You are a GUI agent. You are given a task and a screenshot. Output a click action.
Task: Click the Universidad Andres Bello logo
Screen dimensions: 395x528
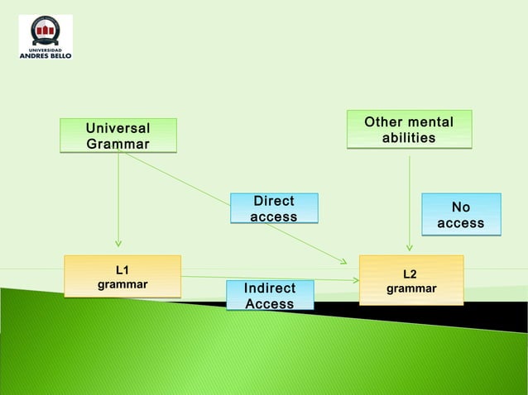click(x=46, y=37)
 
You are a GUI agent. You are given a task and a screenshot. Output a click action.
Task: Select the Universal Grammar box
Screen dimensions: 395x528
click(x=118, y=136)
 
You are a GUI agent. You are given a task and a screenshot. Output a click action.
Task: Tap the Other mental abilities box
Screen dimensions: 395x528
click(x=409, y=130)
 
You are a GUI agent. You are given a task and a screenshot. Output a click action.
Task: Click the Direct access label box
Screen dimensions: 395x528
click(x=274, y=208)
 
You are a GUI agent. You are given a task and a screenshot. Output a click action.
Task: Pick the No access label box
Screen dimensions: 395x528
click(x=461, y=215)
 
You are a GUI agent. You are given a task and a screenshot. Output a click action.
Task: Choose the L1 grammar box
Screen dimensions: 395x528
click(x=122, y=276)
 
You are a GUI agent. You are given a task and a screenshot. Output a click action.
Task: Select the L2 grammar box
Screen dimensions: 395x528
click(x=411, y=280)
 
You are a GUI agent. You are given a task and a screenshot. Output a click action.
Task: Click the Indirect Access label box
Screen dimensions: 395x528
click(x=270, y=296)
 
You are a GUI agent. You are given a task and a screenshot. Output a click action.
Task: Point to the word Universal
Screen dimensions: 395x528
click(x=118, y=128)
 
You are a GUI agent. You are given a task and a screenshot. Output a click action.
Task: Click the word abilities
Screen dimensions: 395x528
click(x=409, y=138)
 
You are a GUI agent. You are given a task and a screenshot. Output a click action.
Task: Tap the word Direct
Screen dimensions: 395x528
click(x=274, y=201)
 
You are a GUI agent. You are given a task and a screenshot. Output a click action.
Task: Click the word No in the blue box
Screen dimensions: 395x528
click(x=461, y=207)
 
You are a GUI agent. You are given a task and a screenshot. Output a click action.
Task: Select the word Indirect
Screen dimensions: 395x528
click(x=270, y=288)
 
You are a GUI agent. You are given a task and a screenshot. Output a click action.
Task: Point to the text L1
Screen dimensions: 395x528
click(x=122, y=269)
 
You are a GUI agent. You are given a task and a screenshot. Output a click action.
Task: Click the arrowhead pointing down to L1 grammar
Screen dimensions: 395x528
click(x=118, y=243)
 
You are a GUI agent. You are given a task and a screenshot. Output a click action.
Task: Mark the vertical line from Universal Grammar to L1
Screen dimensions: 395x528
click(x=118, y=198)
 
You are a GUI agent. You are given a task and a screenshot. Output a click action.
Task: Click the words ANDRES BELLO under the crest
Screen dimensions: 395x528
click(x=46, y=55)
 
